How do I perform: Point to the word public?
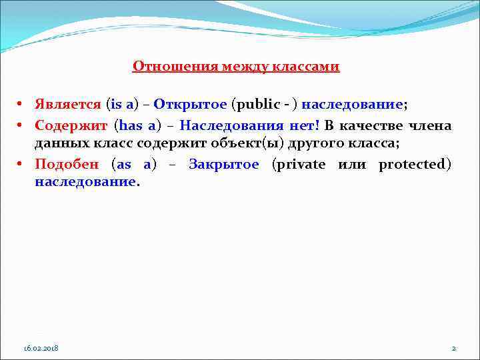click(x=256, y=105)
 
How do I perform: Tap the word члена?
click(x=430, y=125)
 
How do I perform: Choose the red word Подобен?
click(x=67, y=165)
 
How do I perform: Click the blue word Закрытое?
click(x=223, y=165)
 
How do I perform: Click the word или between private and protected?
click(x=352, y=165)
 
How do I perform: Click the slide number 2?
click(x=453, y=349)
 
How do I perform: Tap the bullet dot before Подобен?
click(x=21, y=165)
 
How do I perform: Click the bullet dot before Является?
click(x=21, y=105)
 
